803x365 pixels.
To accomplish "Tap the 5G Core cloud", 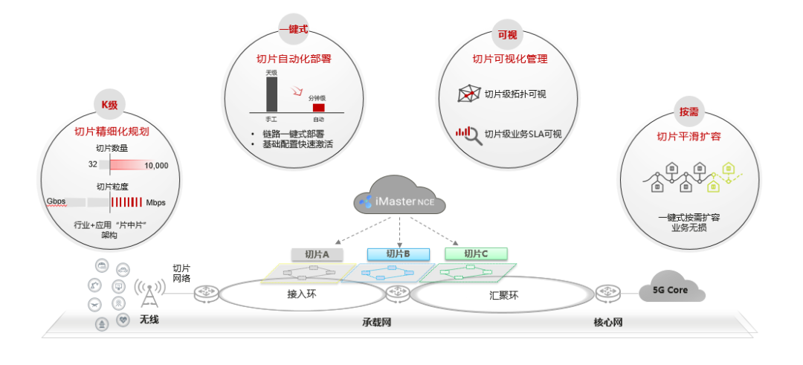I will (x=671, y=289).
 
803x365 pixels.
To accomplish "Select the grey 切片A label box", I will (x=317, y=254).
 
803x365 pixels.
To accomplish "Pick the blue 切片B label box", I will (x=399, y=254).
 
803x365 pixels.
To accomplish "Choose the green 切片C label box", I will (x=476, y=254).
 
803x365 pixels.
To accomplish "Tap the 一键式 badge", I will (x=293, y=30).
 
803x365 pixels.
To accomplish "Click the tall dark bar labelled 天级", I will (x=272, y=94).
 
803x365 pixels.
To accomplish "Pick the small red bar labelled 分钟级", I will (x=318, y=107).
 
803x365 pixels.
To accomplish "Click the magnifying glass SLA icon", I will (x=468, y=134).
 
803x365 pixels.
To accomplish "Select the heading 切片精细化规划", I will (x=111, y=132).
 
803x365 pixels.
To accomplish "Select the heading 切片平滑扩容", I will (x=688, y=137).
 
